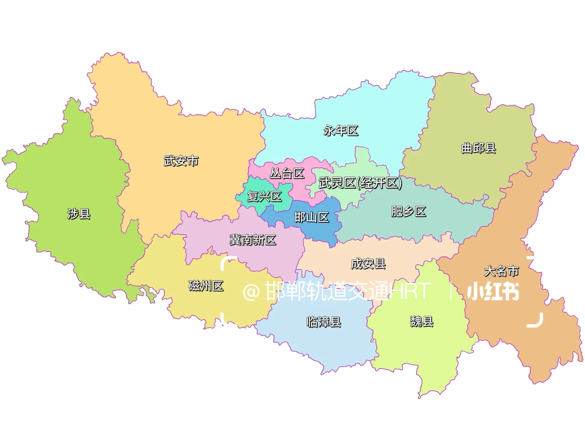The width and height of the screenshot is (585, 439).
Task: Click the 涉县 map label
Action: click(79, 213)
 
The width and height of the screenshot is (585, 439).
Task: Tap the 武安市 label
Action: click(181, 161)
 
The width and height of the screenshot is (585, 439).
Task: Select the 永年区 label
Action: click(341, 130)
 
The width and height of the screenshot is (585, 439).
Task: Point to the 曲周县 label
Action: click(479, 148)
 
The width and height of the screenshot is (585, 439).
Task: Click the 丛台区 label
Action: click(287, 174)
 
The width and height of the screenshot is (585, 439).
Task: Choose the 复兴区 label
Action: click(264, 197)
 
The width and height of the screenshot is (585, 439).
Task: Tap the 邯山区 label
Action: click(312, 217)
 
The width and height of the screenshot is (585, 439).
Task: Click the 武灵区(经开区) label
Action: click(360, 183)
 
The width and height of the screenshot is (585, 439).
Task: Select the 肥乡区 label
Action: click(408, 211)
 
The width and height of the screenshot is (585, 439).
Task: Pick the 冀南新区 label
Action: click(253, 240)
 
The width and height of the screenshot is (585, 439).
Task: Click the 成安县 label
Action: click(368, 264)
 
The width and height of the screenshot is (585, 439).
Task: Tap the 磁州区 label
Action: click(206, 286)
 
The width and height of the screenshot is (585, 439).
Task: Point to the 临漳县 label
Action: click(324, 322)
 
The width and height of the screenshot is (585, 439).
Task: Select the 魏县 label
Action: click(422, 322)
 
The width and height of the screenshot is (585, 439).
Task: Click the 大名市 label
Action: click(501, 271)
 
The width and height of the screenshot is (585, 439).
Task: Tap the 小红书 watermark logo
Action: click(493, 291)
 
